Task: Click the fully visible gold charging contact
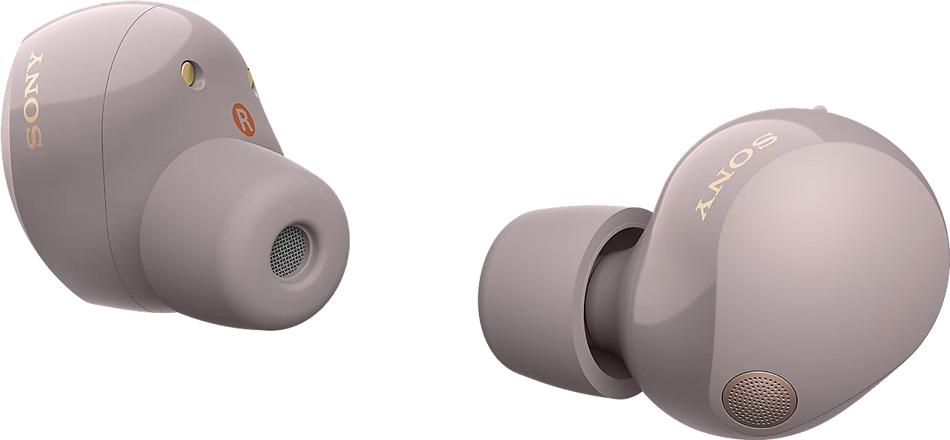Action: (190, 73)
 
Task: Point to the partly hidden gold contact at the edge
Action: (251, 80)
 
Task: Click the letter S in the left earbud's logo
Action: (34, 137)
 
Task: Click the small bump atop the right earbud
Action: (819, 109)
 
